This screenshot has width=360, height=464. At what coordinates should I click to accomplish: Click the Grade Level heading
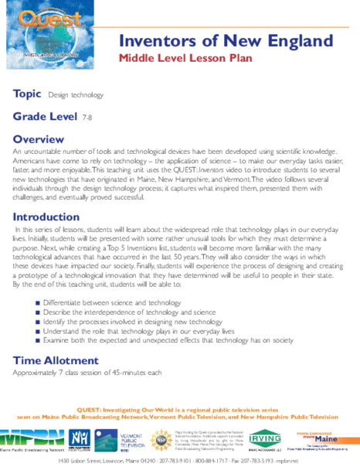44,117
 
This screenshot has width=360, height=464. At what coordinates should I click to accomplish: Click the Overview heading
39,139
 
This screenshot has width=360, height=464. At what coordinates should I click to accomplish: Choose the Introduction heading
46,217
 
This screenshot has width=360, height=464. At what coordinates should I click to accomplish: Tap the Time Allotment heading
58,360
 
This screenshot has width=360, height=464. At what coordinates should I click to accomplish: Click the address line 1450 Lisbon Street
179,459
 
